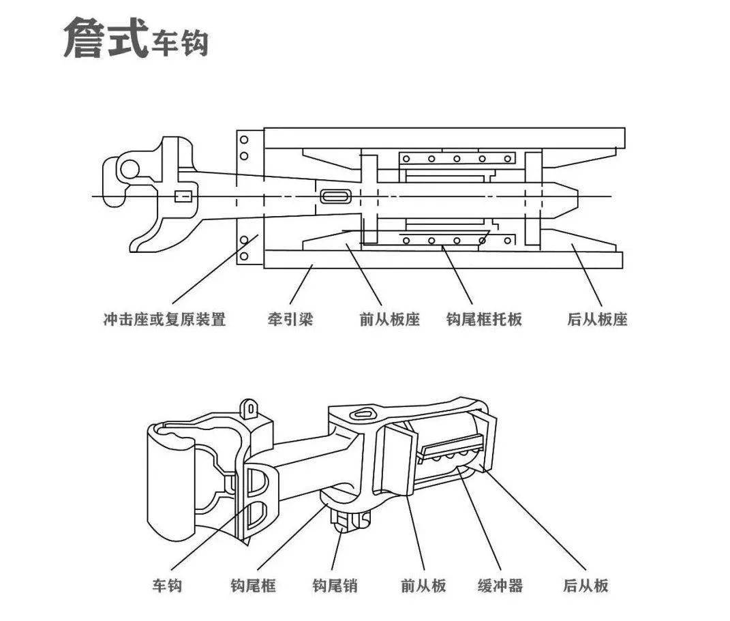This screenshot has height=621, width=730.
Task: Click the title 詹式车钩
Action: tap(135, 39)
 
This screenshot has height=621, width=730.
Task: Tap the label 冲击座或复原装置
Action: tap(164, 319)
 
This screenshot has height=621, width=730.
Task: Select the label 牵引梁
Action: tap(290, 319)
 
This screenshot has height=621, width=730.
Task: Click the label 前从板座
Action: tap(389, 319)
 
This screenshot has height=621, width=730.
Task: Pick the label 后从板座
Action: tap(597, 319)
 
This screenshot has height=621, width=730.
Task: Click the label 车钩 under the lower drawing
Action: tap(167, 585)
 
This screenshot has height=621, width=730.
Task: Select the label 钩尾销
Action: tap(335, 585)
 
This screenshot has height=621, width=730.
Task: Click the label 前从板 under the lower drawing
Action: tap(423, 585)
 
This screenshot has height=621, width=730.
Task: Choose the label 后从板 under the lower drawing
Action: tap(585, 585)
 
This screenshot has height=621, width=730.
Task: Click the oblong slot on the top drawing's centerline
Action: tap(335, 196)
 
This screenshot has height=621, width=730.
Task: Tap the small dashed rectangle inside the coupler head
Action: tap(183, 196)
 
